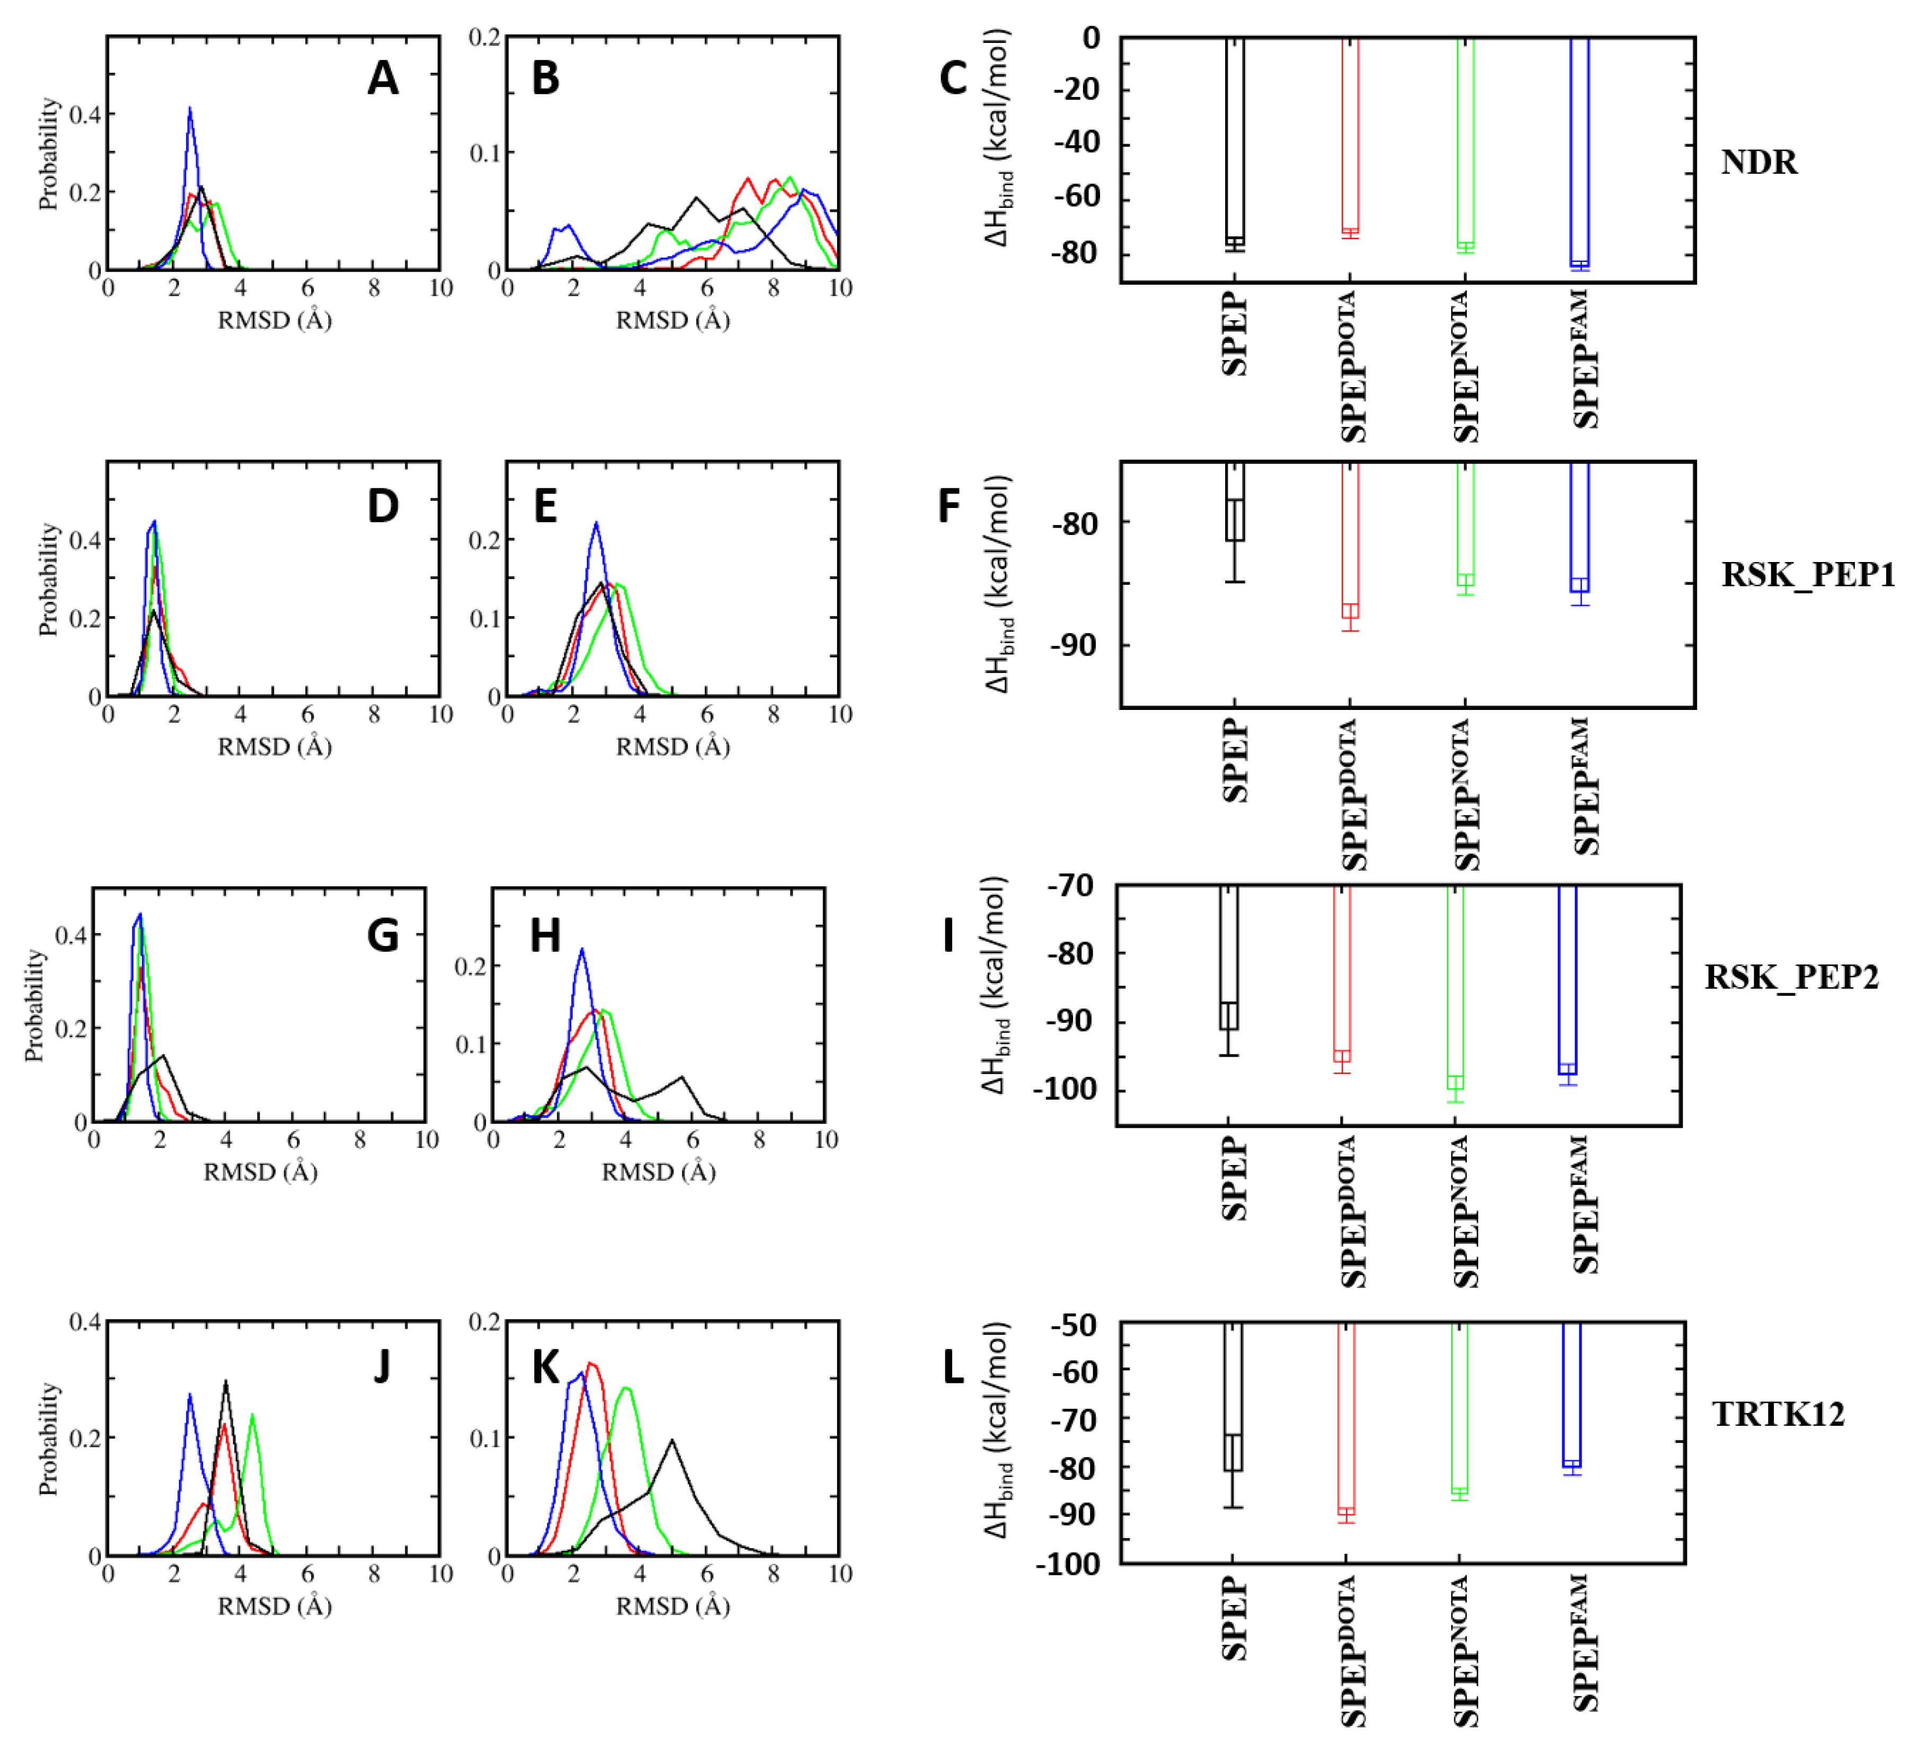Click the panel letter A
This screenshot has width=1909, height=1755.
(x=383, y=78)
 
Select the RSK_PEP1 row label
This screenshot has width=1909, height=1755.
(x=1807, y=575)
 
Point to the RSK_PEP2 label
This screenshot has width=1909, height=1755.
(x=1790, y=977)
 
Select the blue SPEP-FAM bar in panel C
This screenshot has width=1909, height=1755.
(x=1579, y=152)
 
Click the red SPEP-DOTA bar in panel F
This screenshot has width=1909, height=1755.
(x=1349, y=541)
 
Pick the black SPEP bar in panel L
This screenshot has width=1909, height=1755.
(x=1232, y=1396)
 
